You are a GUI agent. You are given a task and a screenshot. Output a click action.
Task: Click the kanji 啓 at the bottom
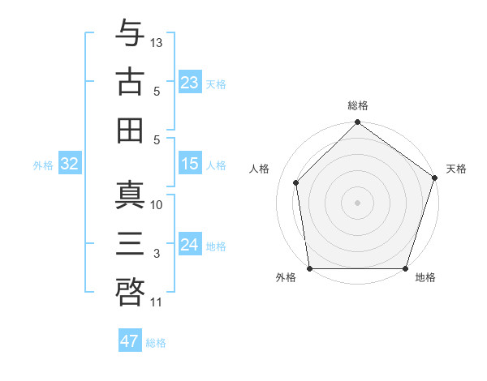[x=130, y=288]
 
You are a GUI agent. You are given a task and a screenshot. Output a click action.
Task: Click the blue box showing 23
[x=190, y=82]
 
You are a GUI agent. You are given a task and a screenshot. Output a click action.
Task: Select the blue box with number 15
[x=190, y=164]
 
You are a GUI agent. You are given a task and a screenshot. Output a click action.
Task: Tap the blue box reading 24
[x=190, y=245]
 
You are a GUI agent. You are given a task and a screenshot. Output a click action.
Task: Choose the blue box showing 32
[x=70, y=165]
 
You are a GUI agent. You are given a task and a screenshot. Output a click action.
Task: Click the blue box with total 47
[x=130, y=341]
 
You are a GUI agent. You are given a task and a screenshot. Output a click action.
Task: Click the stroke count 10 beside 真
[x=157, y=204]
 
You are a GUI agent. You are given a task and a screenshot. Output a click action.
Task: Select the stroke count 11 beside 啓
[x=157, y=302]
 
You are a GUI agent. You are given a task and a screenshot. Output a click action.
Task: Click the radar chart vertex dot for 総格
[x=357, y=123]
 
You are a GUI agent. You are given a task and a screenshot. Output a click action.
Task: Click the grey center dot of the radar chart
[x=357, y=202]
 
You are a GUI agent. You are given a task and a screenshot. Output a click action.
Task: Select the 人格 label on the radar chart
[x=260, y=169]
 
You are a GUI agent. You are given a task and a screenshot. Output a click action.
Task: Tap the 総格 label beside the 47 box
[x=156, y=343]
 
